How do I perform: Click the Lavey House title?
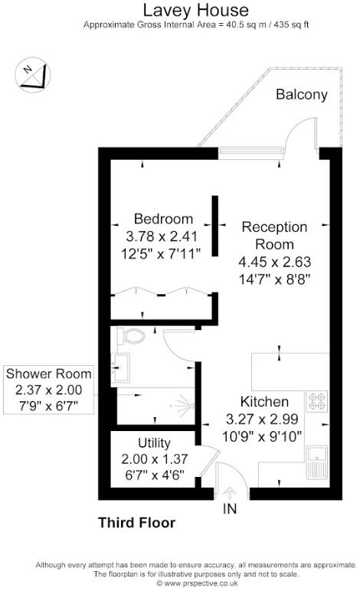pyautogui.click(x=179, y=10)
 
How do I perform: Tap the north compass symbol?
pyautogui.click(x=31, y=75)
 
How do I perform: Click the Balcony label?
pyautogui.click(x=301, y=95)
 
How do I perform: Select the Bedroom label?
pyautogui.click(x=163, y=218)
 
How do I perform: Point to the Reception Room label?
pyautogui.click(x=274, y=236)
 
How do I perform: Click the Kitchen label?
pyautogui.click(x=264, y=402)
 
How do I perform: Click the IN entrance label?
pyautogui.click(x=229, y=508)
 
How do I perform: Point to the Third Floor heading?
pyautogui.click(x=136, y=524)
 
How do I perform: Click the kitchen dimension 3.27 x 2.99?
pyautogui.click(x=264, y=419)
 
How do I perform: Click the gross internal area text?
pyautogui.click(x=179, y=25)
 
